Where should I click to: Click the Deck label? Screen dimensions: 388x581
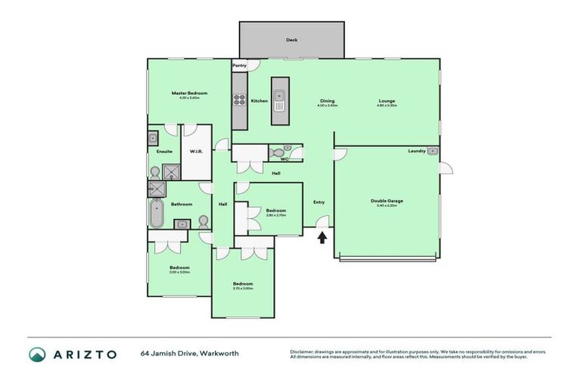point(291,40)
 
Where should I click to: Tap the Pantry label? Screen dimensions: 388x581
point(239,66)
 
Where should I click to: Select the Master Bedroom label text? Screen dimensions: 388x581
point(188,93)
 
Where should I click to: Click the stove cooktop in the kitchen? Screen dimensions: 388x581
point(239,99)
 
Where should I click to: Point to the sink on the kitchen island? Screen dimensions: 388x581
point(279,97)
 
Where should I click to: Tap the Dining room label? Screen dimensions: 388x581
point(327,101)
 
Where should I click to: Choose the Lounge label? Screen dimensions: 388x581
point(387,101)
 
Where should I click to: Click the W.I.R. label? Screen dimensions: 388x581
point(195,151)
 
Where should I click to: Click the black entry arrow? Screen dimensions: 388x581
point(322,237)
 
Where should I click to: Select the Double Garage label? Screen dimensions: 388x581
point(387,201)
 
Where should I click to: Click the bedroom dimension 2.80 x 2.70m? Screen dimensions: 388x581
point(275,215)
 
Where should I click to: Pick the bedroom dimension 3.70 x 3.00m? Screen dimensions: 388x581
point(243,288)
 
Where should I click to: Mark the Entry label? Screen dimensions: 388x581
point(318,202)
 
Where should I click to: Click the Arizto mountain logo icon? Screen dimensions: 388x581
point(37,354)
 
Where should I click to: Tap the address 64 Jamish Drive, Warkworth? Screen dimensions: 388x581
point(179,354)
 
